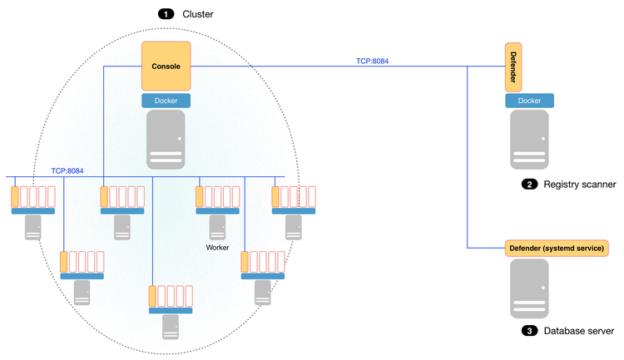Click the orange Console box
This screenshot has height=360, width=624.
pyautogui.click(x=166, y=67)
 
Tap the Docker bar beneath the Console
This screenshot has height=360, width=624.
pyautogui.click(x=166, y=101)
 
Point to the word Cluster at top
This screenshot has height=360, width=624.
pyautogui.click(x=198, y=14)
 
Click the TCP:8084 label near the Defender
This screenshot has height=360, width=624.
pyautogui.click(x=371, y=60)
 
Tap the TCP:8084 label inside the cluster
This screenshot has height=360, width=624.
pyautogui.click(x=67, y=170)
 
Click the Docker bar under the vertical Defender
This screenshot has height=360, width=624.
pyautogui.click(x=529, y=101)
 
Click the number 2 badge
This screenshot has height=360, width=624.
pyautogui.click(x=529, y=185)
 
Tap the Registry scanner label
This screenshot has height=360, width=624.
pyautogui.click(x=579, y=185)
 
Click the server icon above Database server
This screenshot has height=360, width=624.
pyautogui.click(x=529, y=288)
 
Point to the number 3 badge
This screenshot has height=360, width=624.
pyautogui.click(x=529, y=332)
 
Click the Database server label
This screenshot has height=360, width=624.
pyautogui.click(x=579, y=332)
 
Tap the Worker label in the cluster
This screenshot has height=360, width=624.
pyautogui.click(x=217, y=248)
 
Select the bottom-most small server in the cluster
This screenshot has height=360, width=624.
pyautogui.click(x=171, y=326)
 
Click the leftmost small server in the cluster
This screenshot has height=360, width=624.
pyautogui.click(x=33, y=228)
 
